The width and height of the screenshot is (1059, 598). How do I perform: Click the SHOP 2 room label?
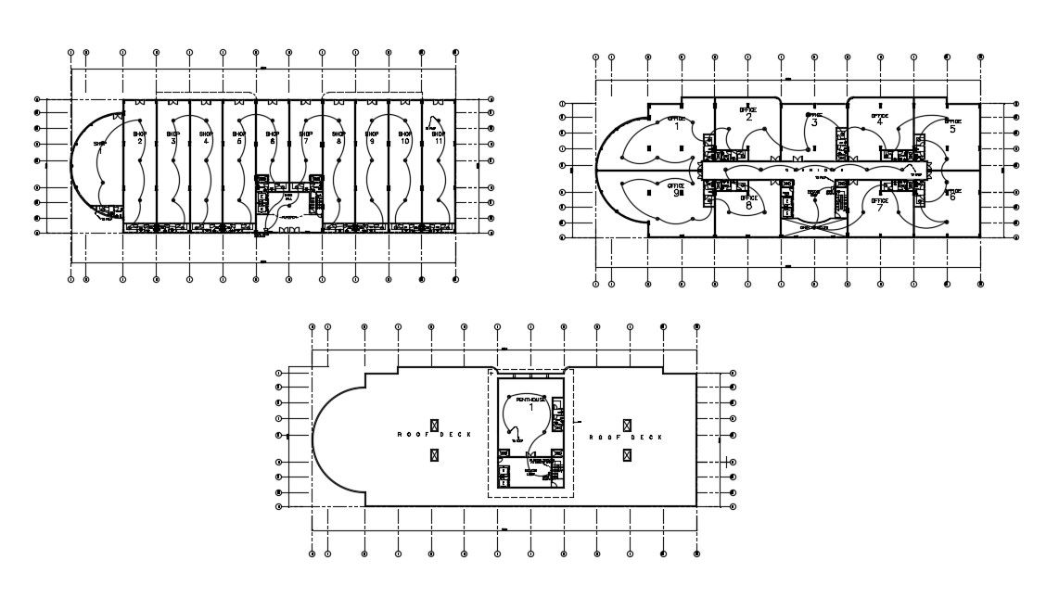click(x=140, y=137)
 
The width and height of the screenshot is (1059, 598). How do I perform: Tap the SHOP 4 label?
click(x=206, y=137)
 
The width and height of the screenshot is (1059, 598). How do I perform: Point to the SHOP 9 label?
click(x=371, y=137)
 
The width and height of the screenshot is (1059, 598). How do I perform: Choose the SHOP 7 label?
click(x=305, y=137)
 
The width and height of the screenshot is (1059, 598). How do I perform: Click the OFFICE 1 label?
click(x=676, y=122)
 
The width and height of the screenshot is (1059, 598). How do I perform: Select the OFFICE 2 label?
click(x=747, y=113)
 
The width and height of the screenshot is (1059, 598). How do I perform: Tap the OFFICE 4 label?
click(x=879, y=119)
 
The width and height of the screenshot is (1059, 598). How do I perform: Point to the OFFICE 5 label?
click(x=952, y=125)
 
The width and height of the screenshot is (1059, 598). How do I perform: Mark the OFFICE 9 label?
click(x=676, y=190)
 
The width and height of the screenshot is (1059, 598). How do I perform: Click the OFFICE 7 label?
click(x=879, y=203)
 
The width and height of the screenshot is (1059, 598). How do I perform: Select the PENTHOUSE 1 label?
click(x=531, y=402)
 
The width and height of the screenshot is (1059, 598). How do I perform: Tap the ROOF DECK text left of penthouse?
click(x=434, y=435)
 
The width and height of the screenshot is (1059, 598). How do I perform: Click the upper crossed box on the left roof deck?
click(x=434, y=423)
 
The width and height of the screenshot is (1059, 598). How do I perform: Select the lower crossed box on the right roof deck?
click(x=628, y=454)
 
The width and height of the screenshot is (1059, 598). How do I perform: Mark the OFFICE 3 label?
click(x=813, y=120)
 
